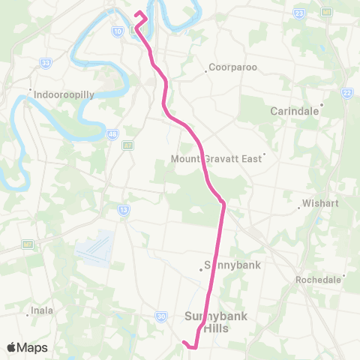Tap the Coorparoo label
pyautogui.click(x=233, y=67)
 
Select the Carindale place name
pyautogui.click(x=295, y=111)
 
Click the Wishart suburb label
pyautogui.click(x=321, y=202)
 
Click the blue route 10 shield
pyautogui.click(x=118, y=31)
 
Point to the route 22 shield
pyautogui.click(x=346, y=92)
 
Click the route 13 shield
pyautogui.click(x=122, y=209)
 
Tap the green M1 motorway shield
pyautogui.click(x=327, y=12)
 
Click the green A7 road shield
pyautogui.click(x=128, y=145)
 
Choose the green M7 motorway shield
pyautogui.click(x=27, y=244)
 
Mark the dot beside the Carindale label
pyautogui.click(x=322, y=105)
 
